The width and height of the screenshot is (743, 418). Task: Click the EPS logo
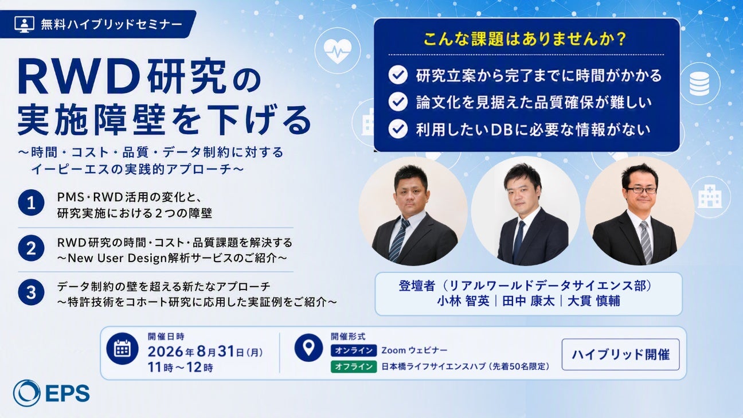[x=52, y=393]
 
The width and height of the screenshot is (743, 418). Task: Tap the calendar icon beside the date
[x=122, y=349]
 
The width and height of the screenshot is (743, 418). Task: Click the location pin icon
[x=308, y=347]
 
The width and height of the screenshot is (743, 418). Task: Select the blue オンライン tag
[x=354, y=350]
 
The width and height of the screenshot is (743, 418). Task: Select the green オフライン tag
[x=354, y=366]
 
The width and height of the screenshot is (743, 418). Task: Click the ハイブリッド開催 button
[x=621, y=354]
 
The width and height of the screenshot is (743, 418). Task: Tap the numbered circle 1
[x=31, y=203]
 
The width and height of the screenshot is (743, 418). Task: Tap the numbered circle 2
[x=31, y=248]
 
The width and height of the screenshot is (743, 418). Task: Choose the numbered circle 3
[x=31, y=292]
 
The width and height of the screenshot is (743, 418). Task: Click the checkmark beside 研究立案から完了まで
[x=398, y=75]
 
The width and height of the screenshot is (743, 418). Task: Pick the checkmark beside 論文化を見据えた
[x=398, y=101]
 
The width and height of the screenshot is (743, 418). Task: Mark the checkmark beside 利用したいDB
[x=398, y=128]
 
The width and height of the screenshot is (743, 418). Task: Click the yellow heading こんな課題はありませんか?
[x=525, y=38]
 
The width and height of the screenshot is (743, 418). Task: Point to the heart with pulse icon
[x=338, y=51]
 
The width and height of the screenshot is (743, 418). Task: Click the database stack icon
[x=699, y=84]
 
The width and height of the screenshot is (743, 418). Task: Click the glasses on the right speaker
[x=641, y=190]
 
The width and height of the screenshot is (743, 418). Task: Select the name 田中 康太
[x=529, y=301]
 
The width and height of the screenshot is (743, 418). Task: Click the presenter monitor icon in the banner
[x=24, y=24]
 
